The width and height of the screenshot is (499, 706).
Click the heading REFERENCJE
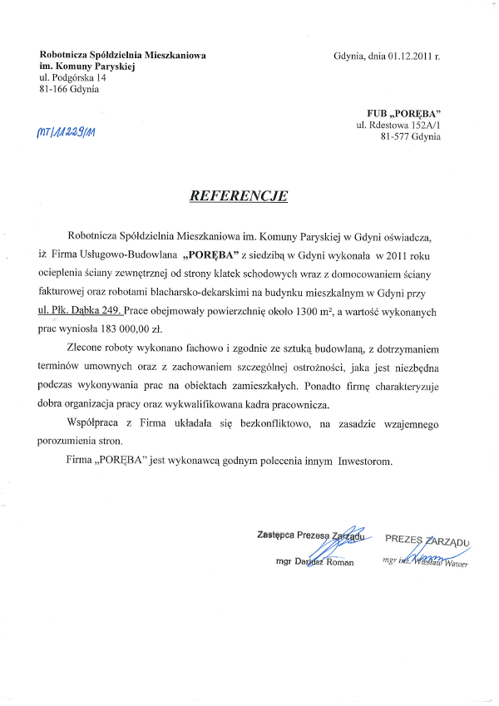[239, 197]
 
